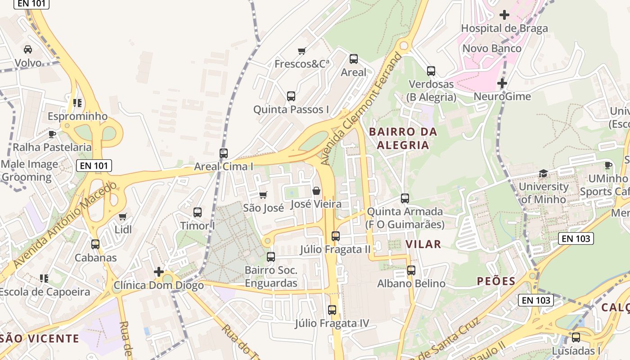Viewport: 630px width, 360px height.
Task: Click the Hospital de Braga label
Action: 504,28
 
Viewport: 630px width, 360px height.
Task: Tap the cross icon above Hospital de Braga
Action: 504,15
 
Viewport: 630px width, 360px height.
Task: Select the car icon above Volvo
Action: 28,49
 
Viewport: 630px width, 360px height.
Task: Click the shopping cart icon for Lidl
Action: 123,216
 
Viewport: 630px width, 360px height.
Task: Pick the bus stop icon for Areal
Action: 354,58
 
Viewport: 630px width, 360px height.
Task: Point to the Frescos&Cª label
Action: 302,64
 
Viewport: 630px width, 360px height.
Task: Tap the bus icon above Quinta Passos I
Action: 291,96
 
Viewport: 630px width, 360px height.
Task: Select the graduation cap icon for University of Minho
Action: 544,174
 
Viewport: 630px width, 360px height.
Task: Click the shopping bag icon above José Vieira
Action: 316,191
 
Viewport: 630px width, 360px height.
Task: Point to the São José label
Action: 263,208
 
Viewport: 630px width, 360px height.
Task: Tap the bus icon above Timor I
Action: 198,212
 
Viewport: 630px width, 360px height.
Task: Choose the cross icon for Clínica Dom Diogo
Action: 158,272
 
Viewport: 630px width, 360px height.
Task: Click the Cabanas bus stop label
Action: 95,258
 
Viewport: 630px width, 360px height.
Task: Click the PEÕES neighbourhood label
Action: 496,282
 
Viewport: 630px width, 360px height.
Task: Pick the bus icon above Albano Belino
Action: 411,270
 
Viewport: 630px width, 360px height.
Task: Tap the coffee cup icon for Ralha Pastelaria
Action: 52,134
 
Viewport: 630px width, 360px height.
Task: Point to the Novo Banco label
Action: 492,49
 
